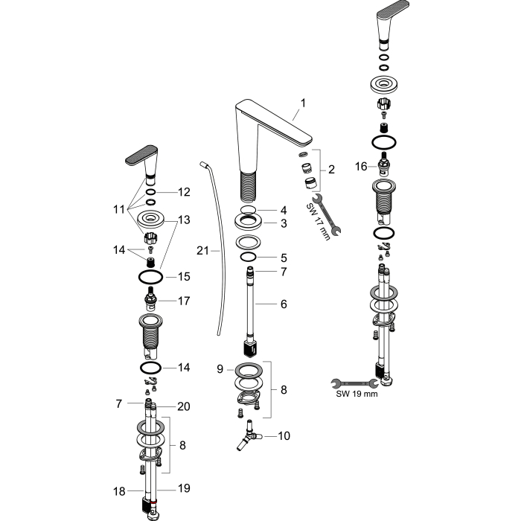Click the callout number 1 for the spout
click(x=303, y=103)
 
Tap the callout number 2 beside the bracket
click(x=331, y=170)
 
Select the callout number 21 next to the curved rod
click(x=202, y=251)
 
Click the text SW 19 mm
click(x=357, y=394)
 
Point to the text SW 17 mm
click(x=318, y=222)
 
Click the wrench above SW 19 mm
click(x=354, y=383)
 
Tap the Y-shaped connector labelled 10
click(x=249, y=435)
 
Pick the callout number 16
click(x=361, y=166)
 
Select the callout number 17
click(x=184, y=301)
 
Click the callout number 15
click(x=184, y=276)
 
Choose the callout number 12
click(x=184, y=192)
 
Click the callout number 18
click(x=119, y=491)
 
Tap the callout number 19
click(x=184, y=488)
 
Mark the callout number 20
click(x=184, y=406)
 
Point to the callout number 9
click(x=220, y=369)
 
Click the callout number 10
click(x=284, y=435)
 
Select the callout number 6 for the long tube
click(x=284, y=304)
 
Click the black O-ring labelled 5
click(x=248, y=258)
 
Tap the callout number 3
click(x=284, y=223)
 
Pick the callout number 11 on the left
click(x=119, y=209)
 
